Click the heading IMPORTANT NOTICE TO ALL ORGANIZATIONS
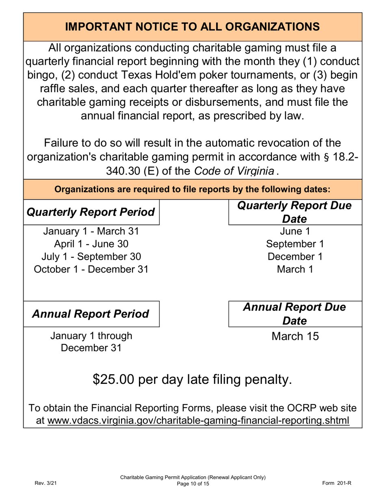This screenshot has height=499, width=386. click(x=193, y=27)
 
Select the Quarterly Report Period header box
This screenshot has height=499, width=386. click(x=91, y=212)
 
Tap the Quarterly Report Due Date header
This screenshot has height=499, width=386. click(x=295, y=212)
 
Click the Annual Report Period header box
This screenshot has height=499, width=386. click(x=91, y=314)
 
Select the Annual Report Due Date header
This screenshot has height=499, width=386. click(x=295, y=314)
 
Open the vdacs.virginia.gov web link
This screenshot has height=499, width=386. click(x=198, y=420)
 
